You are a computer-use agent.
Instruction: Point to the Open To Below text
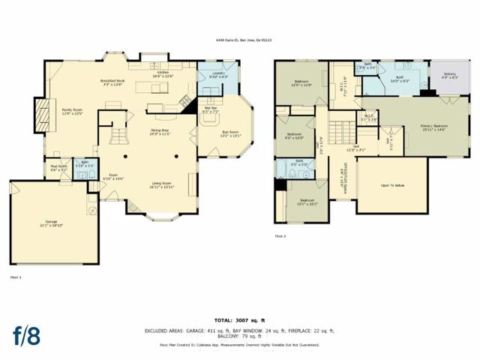392,185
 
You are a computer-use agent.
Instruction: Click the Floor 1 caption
16,277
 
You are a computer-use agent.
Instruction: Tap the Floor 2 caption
280,236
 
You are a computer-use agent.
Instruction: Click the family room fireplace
41,115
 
